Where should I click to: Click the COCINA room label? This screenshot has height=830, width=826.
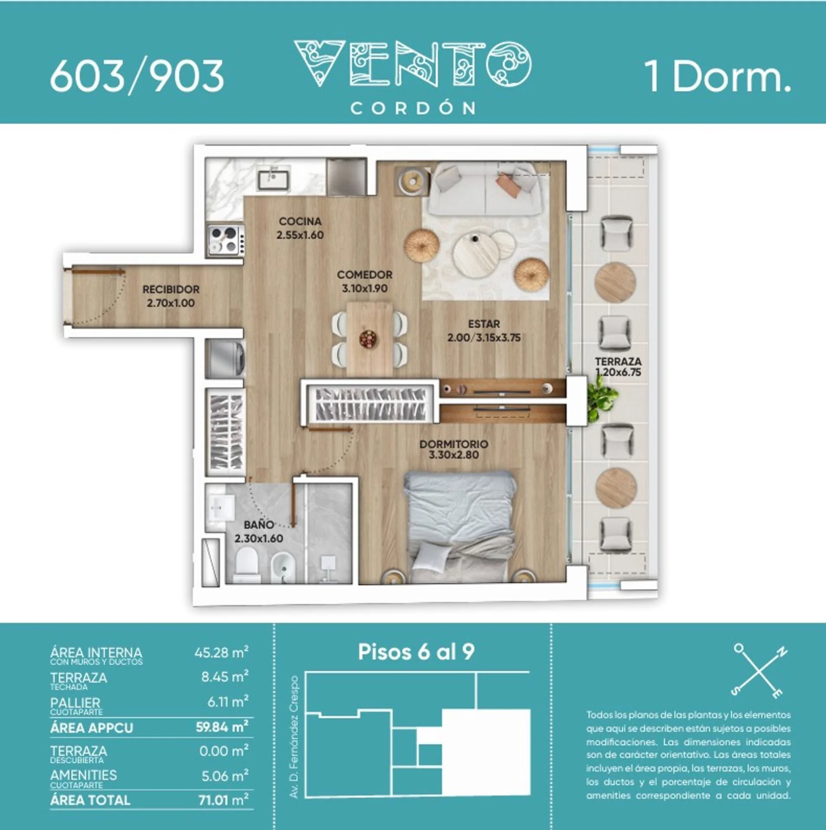tap(300, 221)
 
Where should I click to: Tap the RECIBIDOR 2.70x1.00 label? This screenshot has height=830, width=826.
tap(171, 296)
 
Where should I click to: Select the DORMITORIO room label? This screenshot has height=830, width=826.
tap(454, 444)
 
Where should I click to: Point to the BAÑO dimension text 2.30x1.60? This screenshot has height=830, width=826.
tap(259, 539)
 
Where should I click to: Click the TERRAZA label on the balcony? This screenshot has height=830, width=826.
tap(618, 361)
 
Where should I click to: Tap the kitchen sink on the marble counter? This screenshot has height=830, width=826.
tap(274, 179)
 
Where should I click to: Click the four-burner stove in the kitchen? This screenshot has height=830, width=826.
tap(225, 240)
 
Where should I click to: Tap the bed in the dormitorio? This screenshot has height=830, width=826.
tap(460, 527)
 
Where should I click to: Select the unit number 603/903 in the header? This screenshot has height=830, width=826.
tap(137, 77)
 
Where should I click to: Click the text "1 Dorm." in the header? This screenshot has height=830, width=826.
tap(718, 76)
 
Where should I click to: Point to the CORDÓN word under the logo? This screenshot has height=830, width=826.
tap(413, 108)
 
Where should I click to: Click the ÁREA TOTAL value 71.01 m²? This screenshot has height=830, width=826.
tap(224, 800)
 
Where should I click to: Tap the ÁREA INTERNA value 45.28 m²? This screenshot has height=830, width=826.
tap(221, 652)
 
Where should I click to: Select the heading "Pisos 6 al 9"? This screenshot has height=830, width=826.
tap(416, 652)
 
